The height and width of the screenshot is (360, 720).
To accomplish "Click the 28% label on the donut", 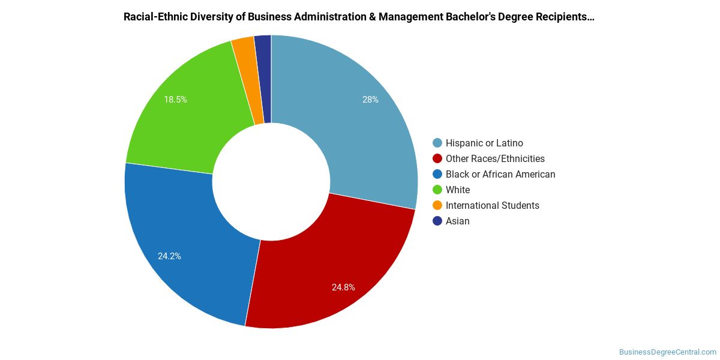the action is [x=370, y=100].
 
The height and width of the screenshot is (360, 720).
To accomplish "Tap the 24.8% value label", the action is [x=343, y=287].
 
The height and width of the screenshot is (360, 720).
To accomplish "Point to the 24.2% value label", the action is [x=169, y=256].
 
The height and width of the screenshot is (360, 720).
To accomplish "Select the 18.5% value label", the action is [x=175, y=100].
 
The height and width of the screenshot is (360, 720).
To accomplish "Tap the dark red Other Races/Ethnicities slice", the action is [x=331, y=270].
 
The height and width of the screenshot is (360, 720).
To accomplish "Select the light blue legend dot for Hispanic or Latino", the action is [x=437, y=143].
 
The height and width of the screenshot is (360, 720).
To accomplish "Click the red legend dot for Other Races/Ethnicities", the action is [x=437, y=158].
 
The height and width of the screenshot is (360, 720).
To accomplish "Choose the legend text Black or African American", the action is [x=500, y=174].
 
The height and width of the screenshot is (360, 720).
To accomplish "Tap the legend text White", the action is [x=458, y=190].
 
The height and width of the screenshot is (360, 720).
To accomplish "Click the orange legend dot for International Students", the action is [x=437, y=205].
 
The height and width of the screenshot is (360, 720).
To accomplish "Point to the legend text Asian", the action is [x=457, y=221].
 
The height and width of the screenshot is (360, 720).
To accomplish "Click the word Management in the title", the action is [x=410, y=17].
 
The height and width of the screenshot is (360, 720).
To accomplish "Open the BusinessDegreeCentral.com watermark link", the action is [x=668, y=352].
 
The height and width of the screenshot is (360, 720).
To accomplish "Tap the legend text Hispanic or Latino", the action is [x=484, y=143].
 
